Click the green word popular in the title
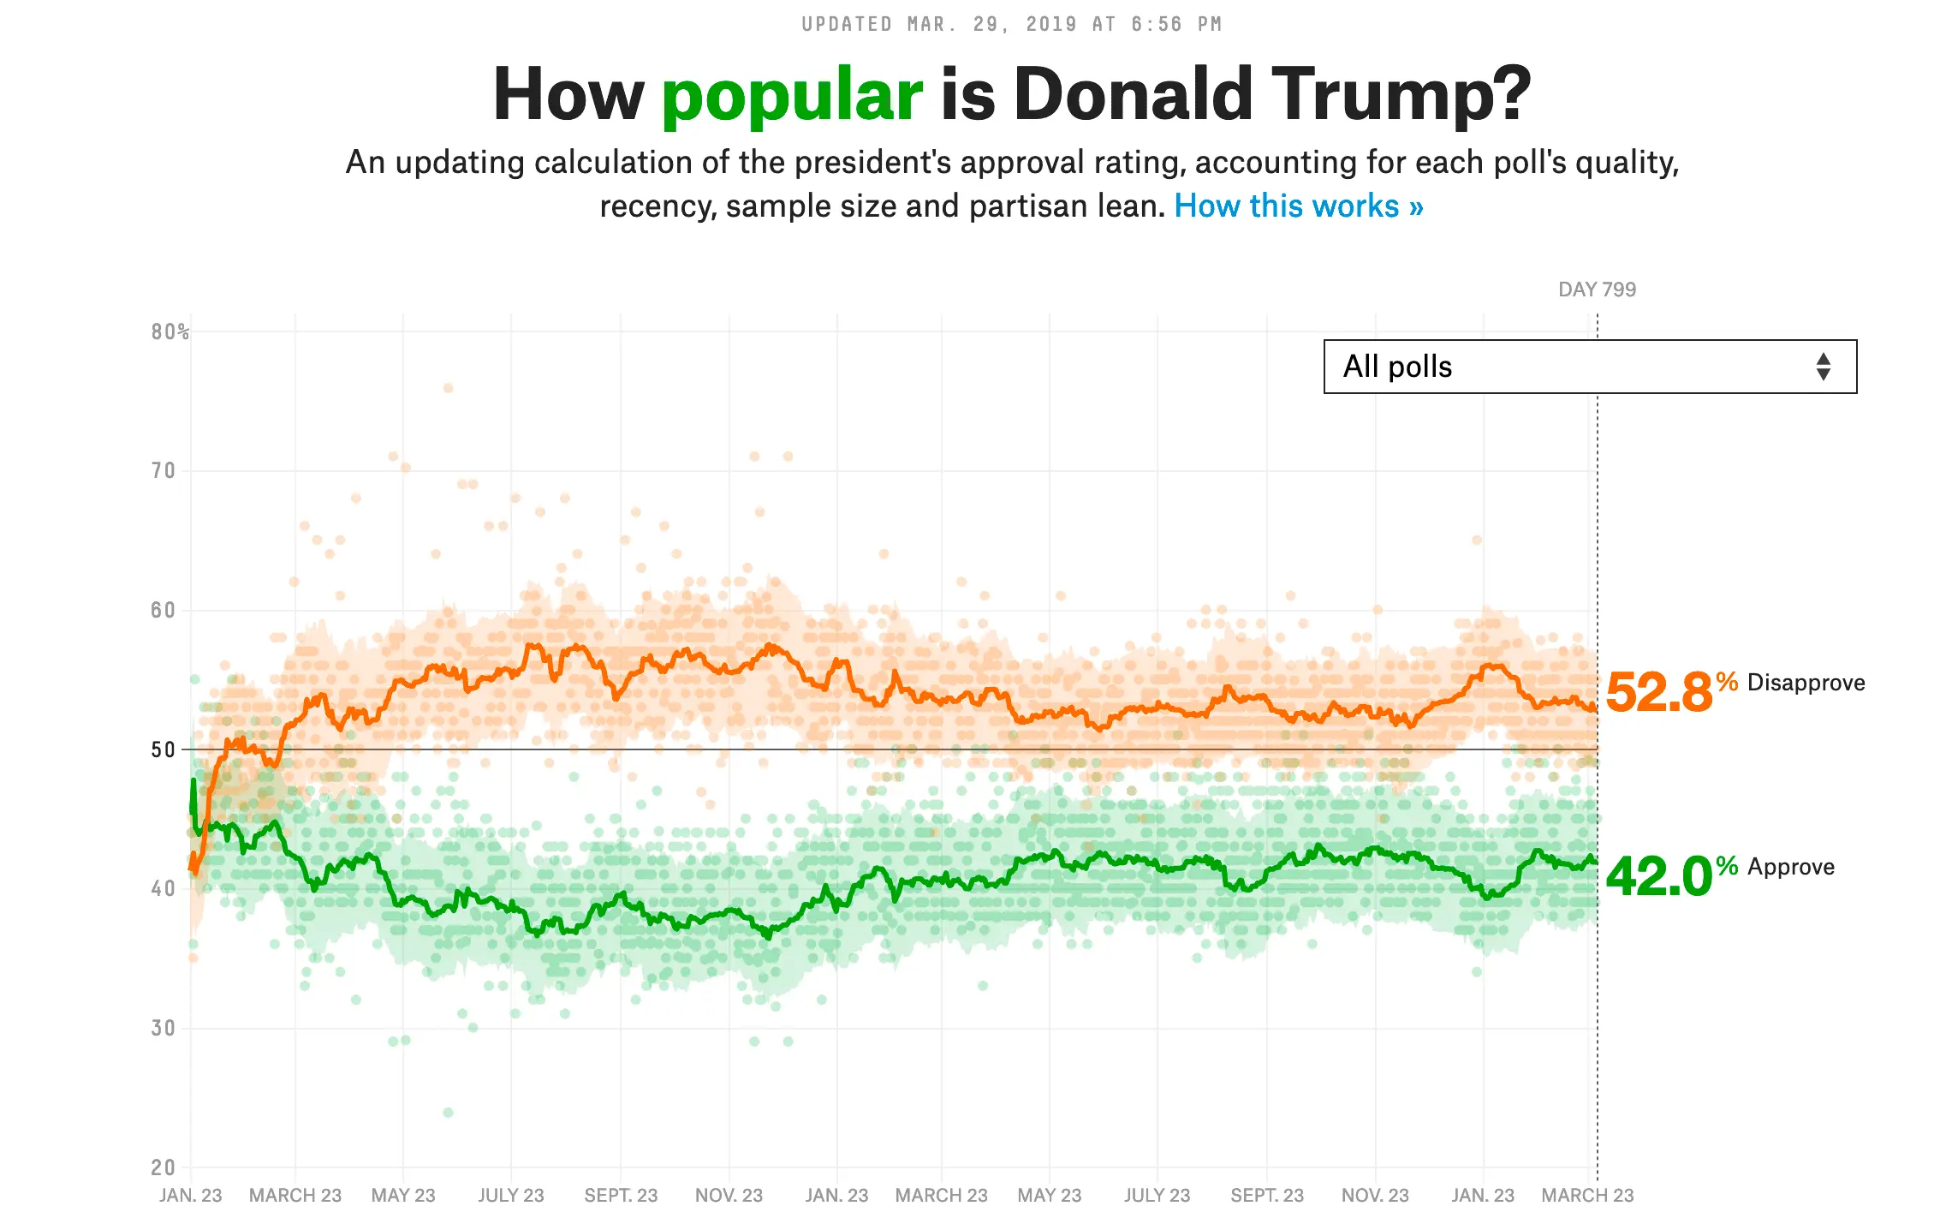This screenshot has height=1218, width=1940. tap(792, 95)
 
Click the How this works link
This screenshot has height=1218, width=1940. tap(1298, 206)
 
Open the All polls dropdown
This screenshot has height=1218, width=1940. tap(1589, 367)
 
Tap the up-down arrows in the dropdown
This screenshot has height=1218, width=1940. tap(1823, 367)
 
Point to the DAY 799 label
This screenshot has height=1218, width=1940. tap(1597, 290)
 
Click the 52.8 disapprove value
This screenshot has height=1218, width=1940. tap(1658, 692)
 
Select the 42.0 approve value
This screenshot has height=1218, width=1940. tap(1658, 877)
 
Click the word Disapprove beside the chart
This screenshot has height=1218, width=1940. tap(1806, 683)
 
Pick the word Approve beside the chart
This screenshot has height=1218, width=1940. tap(1791, 867)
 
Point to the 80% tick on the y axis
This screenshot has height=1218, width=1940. tap(170, 332)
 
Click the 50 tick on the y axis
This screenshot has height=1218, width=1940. tap(163, 750)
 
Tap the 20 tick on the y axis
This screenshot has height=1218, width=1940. tap(163, 1167)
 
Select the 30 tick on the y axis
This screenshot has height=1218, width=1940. tap(163, 1028)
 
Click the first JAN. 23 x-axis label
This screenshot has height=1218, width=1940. tap(190, 1196)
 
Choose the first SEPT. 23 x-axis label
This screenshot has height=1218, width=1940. tap(621, 1196)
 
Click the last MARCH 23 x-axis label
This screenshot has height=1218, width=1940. tap(1587, 1196)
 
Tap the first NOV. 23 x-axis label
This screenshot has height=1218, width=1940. tap(729, 1196)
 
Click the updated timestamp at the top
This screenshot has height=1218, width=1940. tap(1011, 24)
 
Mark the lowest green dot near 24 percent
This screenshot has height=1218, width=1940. tap(448, 1113)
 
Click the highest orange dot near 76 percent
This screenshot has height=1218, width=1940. tap(448, 388)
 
